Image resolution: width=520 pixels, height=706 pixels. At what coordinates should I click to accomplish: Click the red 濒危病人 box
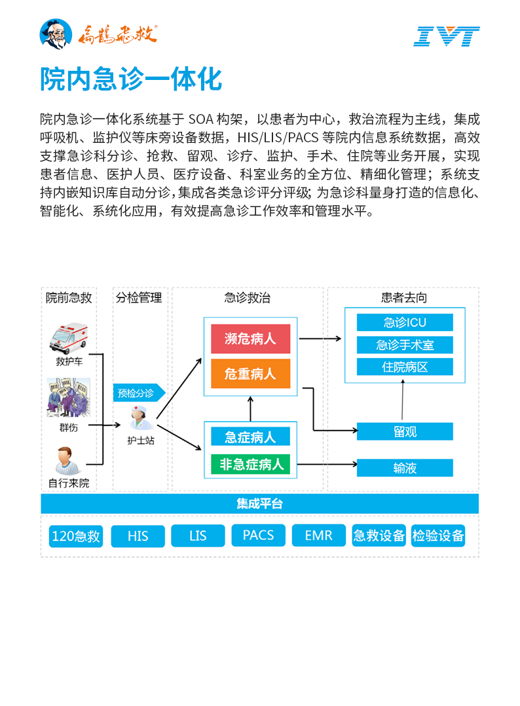[250, 339]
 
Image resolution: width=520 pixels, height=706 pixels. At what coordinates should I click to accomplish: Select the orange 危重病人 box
[250, 374]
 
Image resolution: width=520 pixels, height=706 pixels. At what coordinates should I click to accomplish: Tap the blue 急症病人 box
[250, 437]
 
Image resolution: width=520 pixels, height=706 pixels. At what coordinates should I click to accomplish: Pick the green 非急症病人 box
[250, 465]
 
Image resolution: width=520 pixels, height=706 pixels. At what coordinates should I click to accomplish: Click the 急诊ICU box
[405, 323]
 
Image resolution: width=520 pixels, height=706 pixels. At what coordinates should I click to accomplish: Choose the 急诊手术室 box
[405, 344]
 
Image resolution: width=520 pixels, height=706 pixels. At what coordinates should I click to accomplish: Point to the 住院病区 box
[405, 366]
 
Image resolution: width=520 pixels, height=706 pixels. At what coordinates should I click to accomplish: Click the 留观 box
[405, 431]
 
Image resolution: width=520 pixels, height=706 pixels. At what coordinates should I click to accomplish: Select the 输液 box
[405, 468]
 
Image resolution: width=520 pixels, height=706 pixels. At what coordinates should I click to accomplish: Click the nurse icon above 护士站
[139, 418]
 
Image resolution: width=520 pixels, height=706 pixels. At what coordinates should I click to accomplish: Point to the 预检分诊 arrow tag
[138, 393]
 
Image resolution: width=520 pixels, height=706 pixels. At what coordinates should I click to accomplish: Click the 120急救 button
[76, 536]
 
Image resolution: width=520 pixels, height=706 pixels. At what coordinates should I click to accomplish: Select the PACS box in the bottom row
[258, 535]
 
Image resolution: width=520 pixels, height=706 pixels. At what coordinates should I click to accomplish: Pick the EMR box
[318, 535]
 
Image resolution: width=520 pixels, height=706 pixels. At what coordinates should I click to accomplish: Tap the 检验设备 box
[438, 535]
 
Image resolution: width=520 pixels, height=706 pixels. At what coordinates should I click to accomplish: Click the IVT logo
[447, 36]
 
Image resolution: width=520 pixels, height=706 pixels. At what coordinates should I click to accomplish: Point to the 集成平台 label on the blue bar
[259, 504]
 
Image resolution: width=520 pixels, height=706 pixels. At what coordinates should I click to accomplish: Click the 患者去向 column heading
[403, 298]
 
